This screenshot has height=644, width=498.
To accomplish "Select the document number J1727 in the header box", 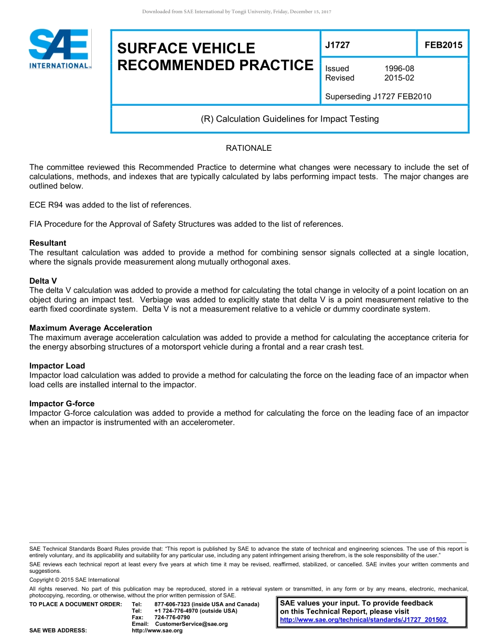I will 337,45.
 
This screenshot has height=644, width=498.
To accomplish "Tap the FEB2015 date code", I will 443,45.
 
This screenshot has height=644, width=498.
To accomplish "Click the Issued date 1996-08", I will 399,69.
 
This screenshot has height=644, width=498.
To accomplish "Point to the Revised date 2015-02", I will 399,78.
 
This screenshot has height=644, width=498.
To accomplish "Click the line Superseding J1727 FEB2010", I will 378,96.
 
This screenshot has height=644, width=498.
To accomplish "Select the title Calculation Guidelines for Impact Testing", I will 289,119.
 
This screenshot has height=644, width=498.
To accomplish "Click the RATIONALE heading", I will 248,148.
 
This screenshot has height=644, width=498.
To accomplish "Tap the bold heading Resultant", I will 48,243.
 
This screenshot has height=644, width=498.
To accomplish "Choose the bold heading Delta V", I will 43,281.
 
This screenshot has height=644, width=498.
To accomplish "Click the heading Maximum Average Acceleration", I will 91,328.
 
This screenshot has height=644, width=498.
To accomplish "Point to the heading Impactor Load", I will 57,366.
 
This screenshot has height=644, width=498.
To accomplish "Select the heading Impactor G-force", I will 62,404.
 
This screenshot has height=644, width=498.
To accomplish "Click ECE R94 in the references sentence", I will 47,205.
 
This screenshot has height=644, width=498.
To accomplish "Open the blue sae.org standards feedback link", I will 364,620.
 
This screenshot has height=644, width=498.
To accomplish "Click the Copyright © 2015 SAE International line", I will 74,580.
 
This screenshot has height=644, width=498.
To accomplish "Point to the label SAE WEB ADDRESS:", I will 58,631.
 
